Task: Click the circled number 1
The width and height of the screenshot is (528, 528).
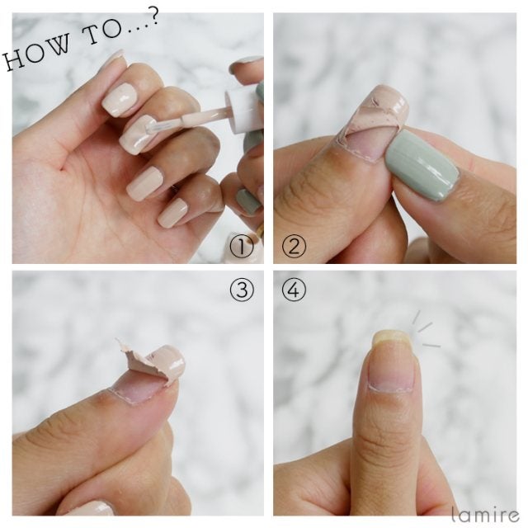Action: tap(242, 247)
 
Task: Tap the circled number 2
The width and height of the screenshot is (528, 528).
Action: tap(295, 247)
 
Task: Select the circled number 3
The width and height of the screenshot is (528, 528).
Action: tap(242, 290)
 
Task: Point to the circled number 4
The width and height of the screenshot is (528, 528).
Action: tap(295, 290)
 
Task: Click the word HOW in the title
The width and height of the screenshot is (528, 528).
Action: tap(38, 54)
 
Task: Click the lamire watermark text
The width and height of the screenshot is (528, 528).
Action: tap(486, 515)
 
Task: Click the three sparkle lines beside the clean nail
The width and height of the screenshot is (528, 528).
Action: tap(425, 330)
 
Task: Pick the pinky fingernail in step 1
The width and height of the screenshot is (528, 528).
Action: tap(172, 213)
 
